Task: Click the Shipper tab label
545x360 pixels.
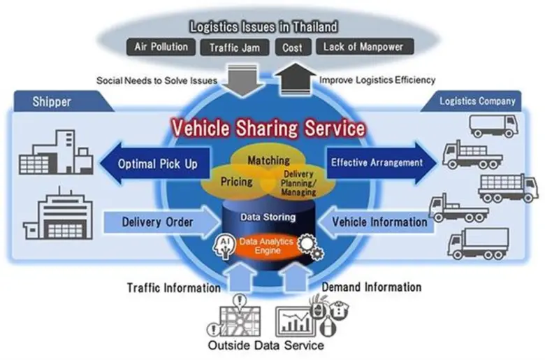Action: point(52,102)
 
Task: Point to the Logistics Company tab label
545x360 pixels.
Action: point(477,101)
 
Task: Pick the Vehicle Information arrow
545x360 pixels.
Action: point(374,222)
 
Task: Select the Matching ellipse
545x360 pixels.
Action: point(269,161)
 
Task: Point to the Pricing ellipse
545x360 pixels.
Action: point(237,181)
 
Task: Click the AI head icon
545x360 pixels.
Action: point(226,245)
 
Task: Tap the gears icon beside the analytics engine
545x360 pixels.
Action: point(307,246)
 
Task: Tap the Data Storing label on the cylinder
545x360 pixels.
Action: point(268,217)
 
